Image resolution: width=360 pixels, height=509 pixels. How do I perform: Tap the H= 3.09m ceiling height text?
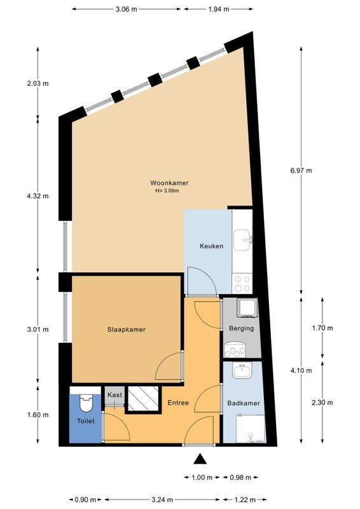point(167,191)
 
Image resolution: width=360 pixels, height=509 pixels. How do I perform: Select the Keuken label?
point(211,246)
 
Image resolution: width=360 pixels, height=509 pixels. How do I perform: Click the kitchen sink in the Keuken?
point(243,241)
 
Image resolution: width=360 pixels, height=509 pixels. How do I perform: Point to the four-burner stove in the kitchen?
point(242,282)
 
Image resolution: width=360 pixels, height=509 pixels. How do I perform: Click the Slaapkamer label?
point(126,330)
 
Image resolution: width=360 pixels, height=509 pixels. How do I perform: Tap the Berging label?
point(240,328)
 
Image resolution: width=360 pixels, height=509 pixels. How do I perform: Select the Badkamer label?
point(243,403)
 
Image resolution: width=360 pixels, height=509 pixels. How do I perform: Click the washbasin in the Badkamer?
point(242,372)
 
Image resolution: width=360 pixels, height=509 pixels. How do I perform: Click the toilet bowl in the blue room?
point(86,403)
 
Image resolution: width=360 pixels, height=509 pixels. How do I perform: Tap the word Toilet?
point(85,421)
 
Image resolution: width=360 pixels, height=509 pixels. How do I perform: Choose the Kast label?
point(114,395)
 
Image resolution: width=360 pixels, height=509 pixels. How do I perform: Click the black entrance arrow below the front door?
point(201,459)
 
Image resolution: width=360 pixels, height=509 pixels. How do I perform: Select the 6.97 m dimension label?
point(300,171)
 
